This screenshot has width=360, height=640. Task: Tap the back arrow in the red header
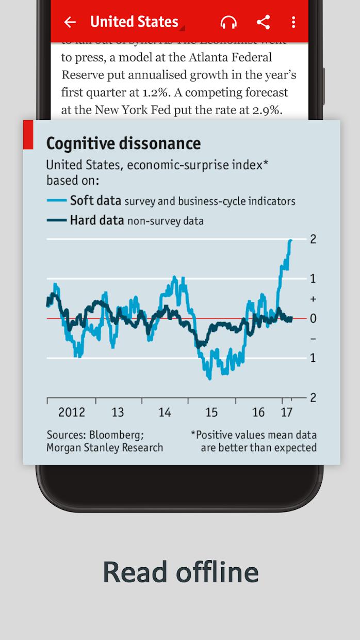[70, 22]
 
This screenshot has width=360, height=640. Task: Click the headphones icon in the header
[228, 22]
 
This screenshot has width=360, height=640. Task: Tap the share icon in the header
[264, 22]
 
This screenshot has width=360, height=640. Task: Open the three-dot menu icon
[293, 22]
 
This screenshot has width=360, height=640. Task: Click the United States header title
[134, 22]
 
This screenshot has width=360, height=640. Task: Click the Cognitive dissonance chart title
[123, 143]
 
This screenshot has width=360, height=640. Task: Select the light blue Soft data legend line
[57, 200]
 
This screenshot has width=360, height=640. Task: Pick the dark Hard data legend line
[57, 220]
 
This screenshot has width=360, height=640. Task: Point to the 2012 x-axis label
[71, 412]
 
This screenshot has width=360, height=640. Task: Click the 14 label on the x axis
[165, 412]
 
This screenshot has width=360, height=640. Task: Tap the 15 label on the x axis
[211, 412]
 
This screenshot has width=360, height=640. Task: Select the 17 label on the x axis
[286, 412]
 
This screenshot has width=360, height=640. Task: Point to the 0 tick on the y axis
[313, 318]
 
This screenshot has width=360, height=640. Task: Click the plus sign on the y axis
[313, 299]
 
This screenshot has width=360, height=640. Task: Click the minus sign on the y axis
[313, 339]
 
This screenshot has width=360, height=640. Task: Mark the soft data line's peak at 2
[290, 240]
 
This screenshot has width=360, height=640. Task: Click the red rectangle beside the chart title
[28, 135]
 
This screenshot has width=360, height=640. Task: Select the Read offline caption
[181, 571]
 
